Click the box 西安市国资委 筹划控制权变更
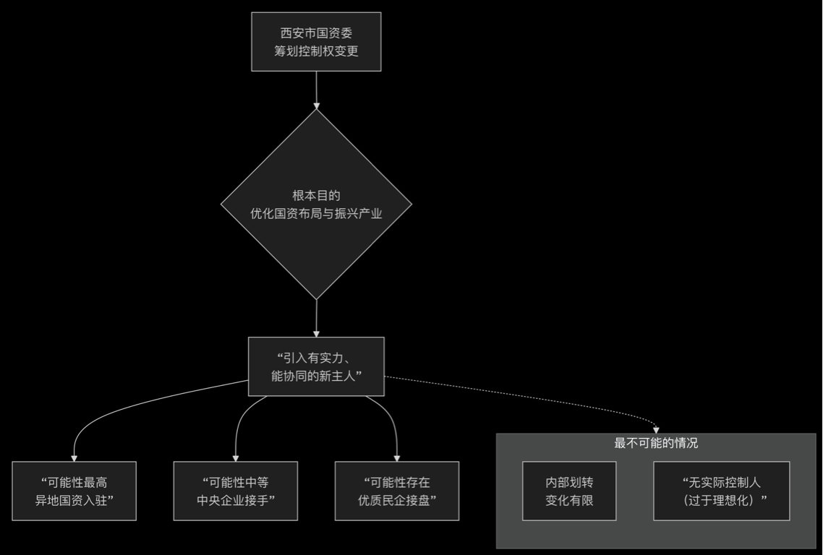pos(316,42)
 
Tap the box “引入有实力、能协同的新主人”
pos(316,366)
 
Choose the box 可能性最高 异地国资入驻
pos(74,491)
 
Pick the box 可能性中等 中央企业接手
pos(236,491)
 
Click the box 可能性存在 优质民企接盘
pos(397,491)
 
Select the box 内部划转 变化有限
pos(569,491)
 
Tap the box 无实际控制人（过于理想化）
pos(722,491)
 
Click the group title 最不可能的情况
pos(656,443)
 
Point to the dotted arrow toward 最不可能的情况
pos(550,397)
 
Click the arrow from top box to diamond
pos(316,90)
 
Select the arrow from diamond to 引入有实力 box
pos(316,318)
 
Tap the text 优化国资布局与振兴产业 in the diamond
pos(316,214)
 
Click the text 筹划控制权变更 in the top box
pos(316,51)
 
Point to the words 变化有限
pos(569,500)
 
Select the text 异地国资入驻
pos(74,500)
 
